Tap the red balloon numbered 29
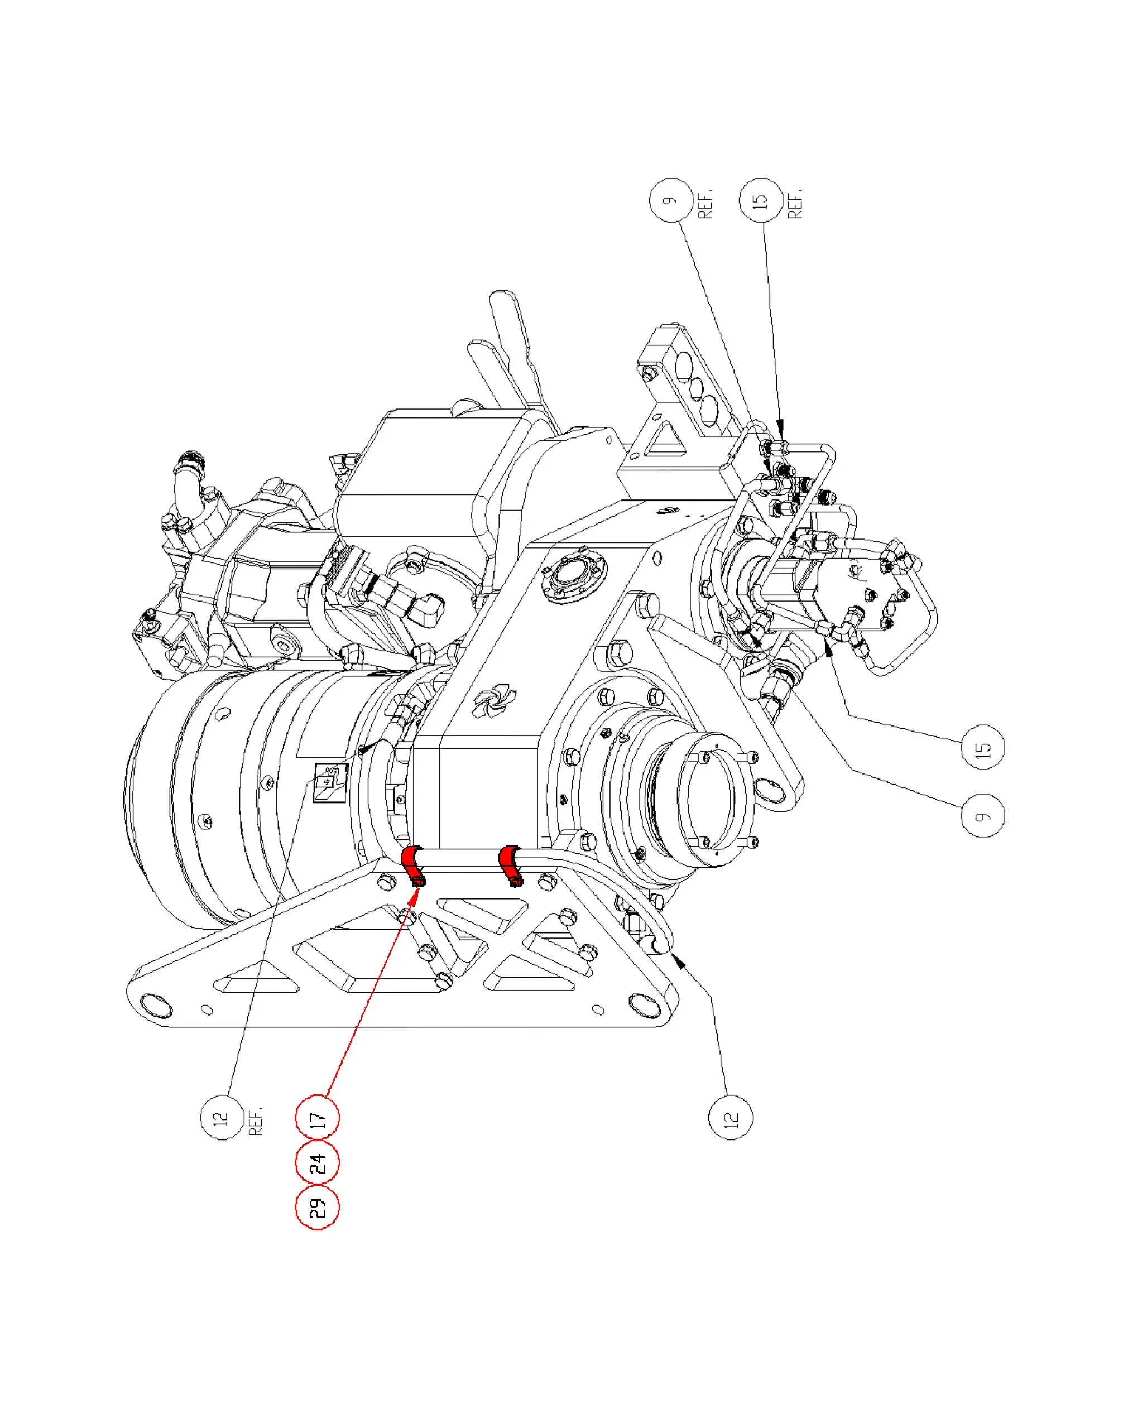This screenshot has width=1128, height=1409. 318,1207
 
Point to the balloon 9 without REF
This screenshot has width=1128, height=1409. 983,814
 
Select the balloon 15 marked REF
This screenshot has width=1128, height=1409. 761,200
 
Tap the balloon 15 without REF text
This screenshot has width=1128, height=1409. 983,747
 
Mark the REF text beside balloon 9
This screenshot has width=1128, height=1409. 705,203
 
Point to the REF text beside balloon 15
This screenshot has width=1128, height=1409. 795,203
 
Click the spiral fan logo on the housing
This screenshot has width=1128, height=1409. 494,700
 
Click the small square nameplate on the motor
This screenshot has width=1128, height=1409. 330,782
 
